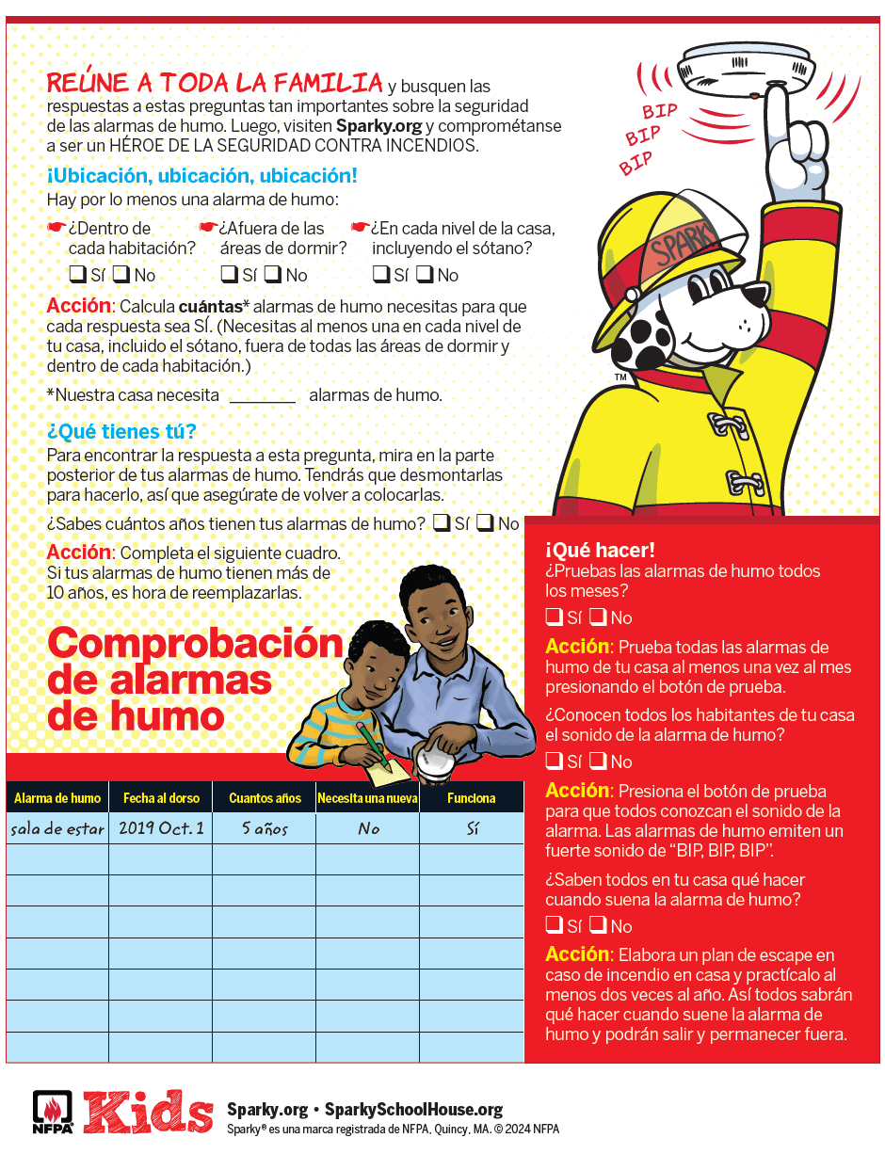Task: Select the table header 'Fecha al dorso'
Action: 161,798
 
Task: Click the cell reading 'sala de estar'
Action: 57,828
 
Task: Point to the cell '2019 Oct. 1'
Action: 161,828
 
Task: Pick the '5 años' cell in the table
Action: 264,829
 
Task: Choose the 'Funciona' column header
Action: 471,798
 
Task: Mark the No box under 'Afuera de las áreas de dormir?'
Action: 271,275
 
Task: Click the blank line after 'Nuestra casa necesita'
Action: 263,395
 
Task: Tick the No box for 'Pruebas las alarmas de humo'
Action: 598,617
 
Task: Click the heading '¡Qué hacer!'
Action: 600,551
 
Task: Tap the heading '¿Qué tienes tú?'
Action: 121,432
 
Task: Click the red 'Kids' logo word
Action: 148,1112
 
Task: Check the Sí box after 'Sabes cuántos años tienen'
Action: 441,523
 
